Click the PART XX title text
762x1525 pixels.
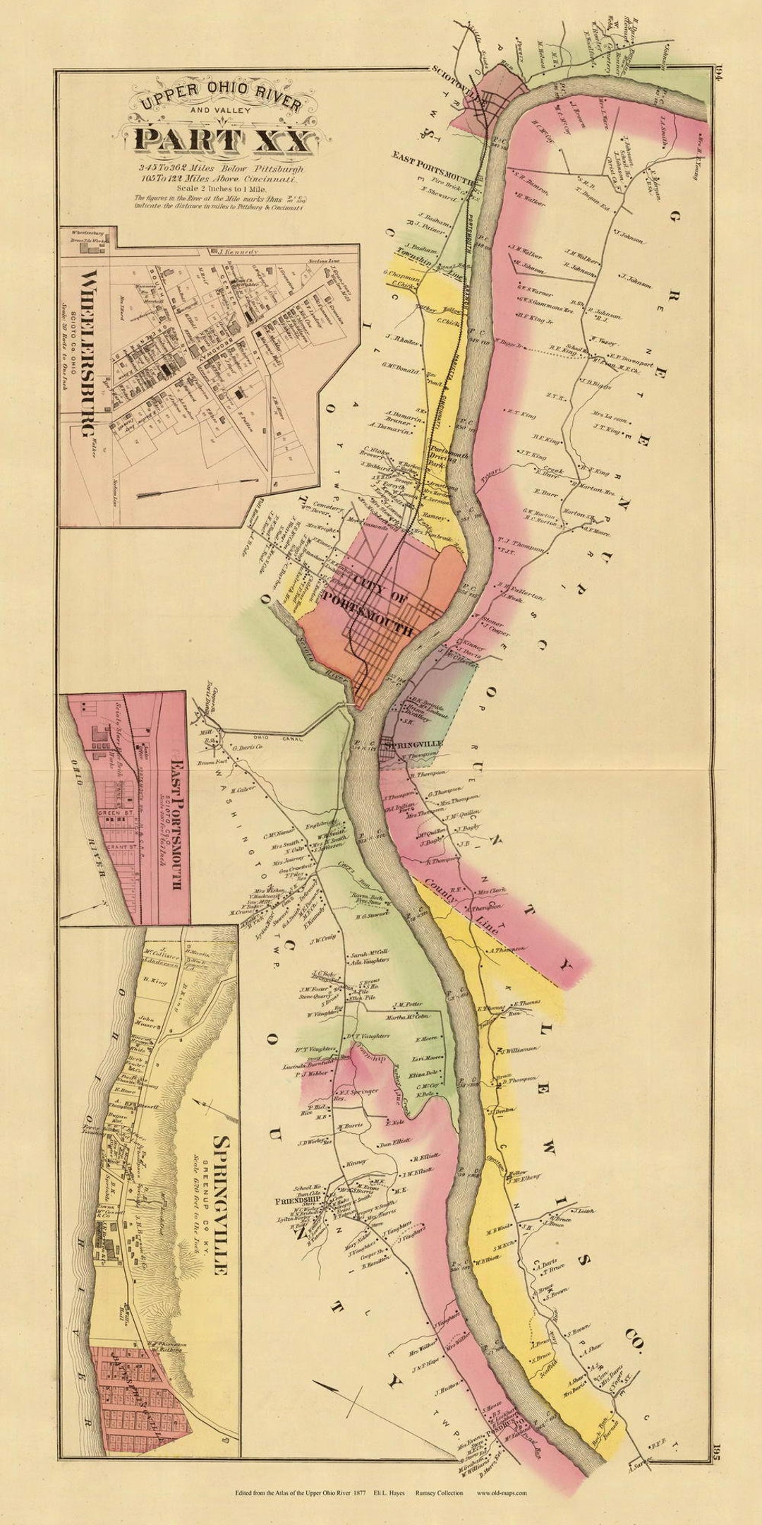pos(222,139)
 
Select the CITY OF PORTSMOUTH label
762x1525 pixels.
pos(382,606)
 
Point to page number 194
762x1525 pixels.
pos(718,73)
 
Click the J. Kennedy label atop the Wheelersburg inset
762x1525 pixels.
pos(238,251)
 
